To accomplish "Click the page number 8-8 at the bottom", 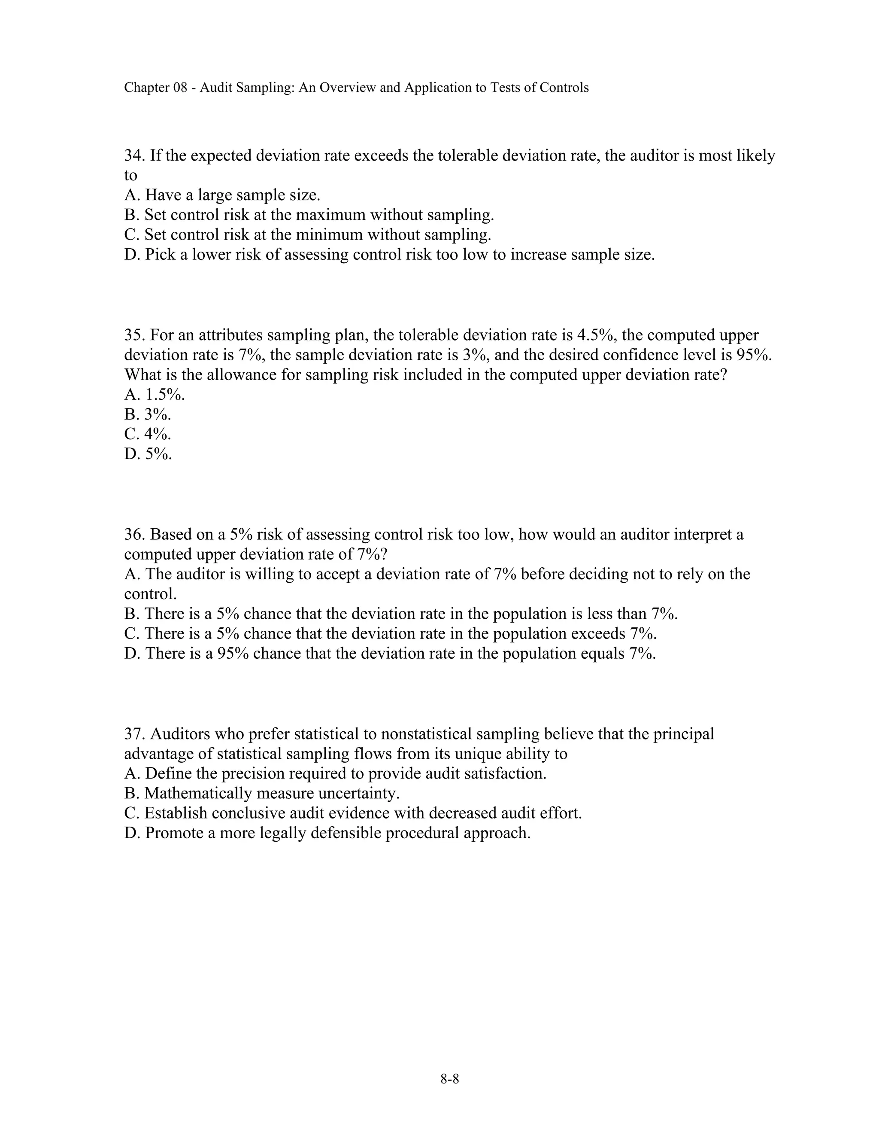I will click(x=449, y=1079).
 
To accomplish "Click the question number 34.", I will click(x=134, y=155).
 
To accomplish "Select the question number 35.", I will click(x=134, y=335).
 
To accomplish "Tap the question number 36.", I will click(x=134, y=534).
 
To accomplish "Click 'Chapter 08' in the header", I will click(x=155, y=88).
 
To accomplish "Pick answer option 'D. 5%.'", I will click(x=148, y=454).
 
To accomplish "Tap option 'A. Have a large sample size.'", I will click(x=222, y=195).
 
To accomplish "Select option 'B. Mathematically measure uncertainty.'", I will click(x=262, y=793).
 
